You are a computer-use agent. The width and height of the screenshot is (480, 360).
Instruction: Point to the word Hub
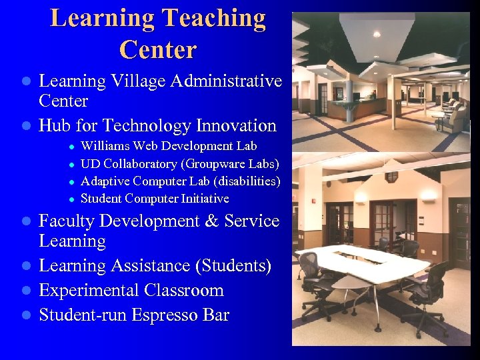pos(55,125)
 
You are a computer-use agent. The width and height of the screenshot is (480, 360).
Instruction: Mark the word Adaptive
pos(105,181)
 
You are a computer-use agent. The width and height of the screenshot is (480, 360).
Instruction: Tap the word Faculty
pos(70,221)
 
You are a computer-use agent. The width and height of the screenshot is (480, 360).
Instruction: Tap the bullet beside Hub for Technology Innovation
pos(26,126)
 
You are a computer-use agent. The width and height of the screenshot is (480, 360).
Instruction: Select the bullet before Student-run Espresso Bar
pos(26,315)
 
